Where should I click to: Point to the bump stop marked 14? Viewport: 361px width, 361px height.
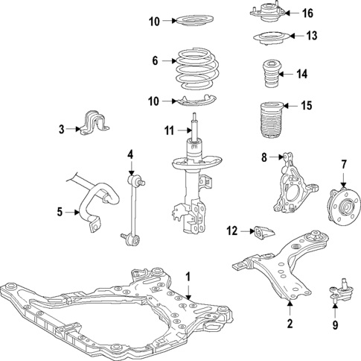(269, 75)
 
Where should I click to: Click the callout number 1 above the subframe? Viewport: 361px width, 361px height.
(188, 277)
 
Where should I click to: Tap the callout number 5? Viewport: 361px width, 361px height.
(60, 213)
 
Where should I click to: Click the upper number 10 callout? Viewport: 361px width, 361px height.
(153, 21)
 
